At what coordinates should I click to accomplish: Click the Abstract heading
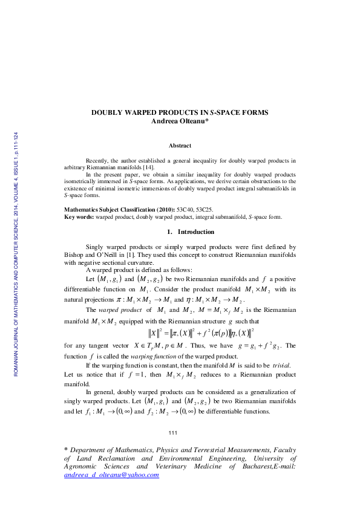coord(180,146)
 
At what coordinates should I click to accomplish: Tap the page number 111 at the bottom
coord(172,433)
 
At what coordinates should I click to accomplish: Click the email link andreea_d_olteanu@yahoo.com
coord(111,475)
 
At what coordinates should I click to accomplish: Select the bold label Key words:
coord(79,216)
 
